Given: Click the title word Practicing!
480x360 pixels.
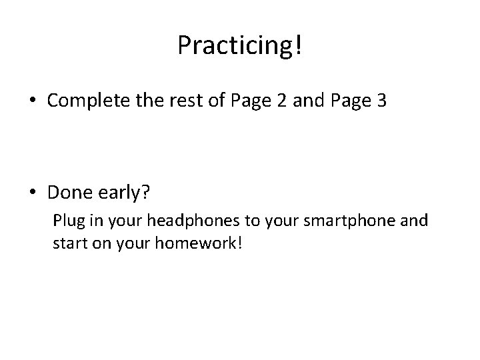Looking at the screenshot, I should [x=239, y=45].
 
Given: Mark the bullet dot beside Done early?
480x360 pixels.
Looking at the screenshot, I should [x=33, y=193].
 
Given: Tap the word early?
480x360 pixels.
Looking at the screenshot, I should [x=127, y=193].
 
